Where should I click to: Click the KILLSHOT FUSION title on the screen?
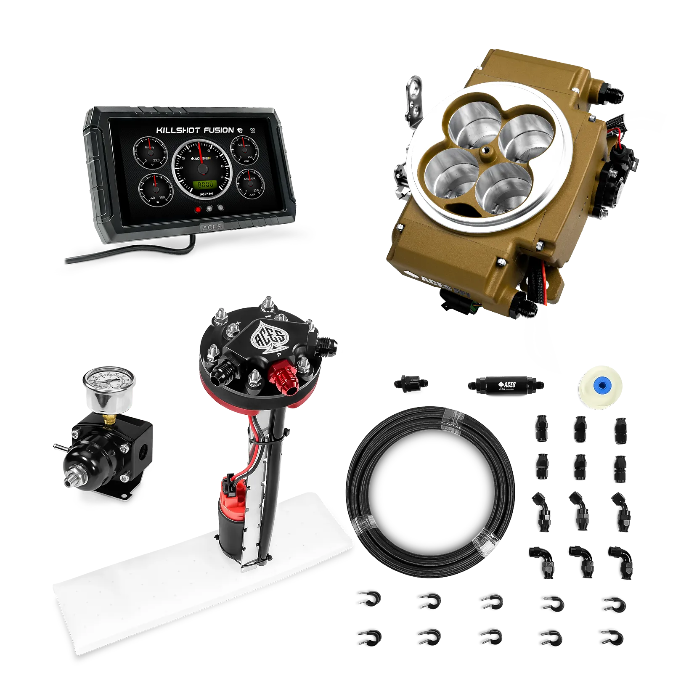[195, 130]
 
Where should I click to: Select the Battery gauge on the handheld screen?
[150, 153]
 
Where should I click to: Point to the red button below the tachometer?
[198, 209]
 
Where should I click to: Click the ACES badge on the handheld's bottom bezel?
[212, 227]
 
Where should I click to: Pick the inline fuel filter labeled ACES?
[505, 384]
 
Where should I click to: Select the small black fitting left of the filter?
[412, 383]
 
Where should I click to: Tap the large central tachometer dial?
[202, 168]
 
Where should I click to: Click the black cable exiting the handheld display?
[126, 252]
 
